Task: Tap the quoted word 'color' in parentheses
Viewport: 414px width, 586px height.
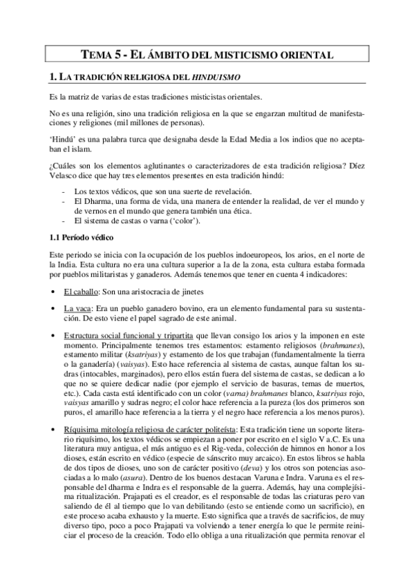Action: click(x=182, y=220)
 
